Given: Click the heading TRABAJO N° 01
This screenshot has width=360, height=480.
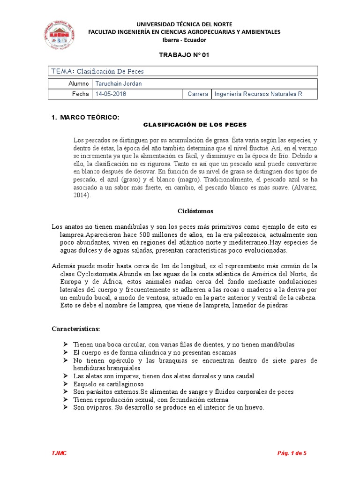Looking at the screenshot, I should click(184, 55).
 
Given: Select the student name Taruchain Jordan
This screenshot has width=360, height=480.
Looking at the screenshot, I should click(119, 83).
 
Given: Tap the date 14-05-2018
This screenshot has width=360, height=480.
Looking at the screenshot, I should click(111, 94).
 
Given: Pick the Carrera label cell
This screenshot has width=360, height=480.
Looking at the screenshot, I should click(197, 94).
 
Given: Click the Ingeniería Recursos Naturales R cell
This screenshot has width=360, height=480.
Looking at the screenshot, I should click(258, 94).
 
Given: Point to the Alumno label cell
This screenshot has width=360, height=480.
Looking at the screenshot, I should click(78, 83).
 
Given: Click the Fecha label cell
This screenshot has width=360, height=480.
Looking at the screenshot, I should click(80, 94).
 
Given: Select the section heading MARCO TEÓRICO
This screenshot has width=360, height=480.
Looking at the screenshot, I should click(89, 116).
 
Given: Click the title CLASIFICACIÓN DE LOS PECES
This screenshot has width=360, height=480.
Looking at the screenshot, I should click(194, 125).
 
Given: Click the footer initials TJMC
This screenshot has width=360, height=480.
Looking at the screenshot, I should click(60, 453).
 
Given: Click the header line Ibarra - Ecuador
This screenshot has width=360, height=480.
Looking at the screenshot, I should click(184, 39).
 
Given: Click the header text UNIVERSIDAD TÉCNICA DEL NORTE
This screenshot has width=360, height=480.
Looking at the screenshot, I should click(184, 24).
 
